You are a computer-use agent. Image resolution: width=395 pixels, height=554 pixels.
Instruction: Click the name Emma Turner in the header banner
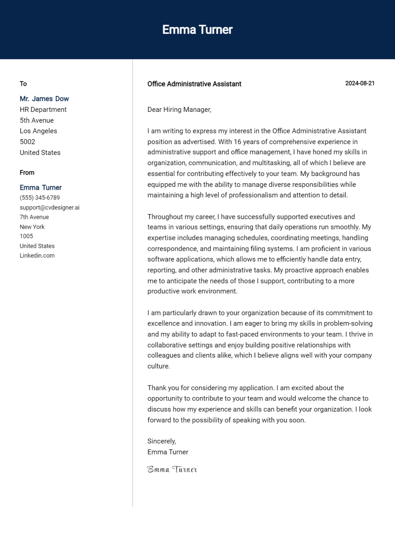point(197,30)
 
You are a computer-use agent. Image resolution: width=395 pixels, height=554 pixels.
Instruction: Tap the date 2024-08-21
point(360,83)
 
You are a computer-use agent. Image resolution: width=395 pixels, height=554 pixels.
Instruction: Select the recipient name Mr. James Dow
point(44,99)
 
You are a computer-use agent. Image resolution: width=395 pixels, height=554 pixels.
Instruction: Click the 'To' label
point(23,84)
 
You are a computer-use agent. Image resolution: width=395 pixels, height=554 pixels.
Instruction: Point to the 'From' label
point(27,173)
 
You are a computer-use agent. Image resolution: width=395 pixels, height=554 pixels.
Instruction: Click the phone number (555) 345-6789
point(40,198)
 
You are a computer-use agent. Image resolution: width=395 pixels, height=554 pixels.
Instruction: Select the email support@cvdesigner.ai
point(49,207)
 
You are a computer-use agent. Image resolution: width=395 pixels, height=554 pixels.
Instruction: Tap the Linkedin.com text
point(37,255)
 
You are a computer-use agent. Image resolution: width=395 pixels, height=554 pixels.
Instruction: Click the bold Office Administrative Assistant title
point(194,84)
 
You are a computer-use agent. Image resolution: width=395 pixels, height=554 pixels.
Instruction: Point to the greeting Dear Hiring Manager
point(179,110)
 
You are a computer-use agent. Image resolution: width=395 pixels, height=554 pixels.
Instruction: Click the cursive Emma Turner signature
point(172,469)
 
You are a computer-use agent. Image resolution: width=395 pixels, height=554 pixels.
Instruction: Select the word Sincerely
point(162,441)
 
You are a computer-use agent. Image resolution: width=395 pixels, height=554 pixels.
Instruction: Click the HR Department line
point(43,110)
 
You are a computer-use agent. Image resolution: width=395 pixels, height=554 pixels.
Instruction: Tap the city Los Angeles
point(38,131)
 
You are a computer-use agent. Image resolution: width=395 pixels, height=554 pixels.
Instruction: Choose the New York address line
point(32,227)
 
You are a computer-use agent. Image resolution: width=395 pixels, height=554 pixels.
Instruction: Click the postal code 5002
point(27,142)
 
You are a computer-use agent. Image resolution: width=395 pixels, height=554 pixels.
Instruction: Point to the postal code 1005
point(26,236)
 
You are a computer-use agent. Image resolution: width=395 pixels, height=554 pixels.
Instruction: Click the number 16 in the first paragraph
point(237,142)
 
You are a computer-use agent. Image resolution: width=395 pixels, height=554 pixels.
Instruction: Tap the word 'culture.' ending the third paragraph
point(158,366)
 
